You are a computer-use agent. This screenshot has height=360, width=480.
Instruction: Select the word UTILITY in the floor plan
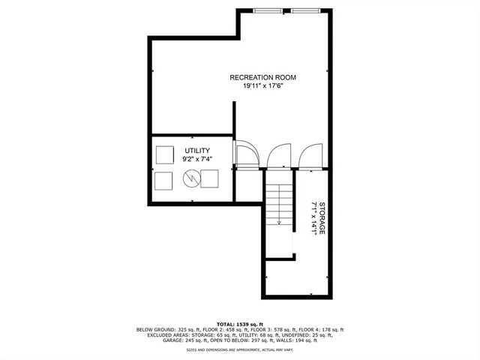197,151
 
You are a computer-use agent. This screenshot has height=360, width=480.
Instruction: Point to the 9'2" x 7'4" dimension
197,160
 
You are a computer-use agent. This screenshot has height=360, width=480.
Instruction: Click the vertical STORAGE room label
322,218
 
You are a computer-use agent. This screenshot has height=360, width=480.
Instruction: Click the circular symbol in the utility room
190,178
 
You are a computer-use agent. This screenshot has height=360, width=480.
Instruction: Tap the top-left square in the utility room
164,154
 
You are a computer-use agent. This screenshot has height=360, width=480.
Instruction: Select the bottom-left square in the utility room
163,180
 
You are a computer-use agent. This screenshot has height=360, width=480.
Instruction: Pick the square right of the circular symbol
209,178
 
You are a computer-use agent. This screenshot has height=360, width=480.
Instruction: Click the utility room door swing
246,154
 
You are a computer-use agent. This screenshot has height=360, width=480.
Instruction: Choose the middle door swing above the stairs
279,155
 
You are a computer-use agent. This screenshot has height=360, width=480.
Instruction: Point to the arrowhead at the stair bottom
279,223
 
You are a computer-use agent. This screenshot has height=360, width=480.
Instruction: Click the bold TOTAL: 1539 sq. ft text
240,323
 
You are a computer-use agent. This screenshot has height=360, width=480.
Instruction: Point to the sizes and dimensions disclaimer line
240,349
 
